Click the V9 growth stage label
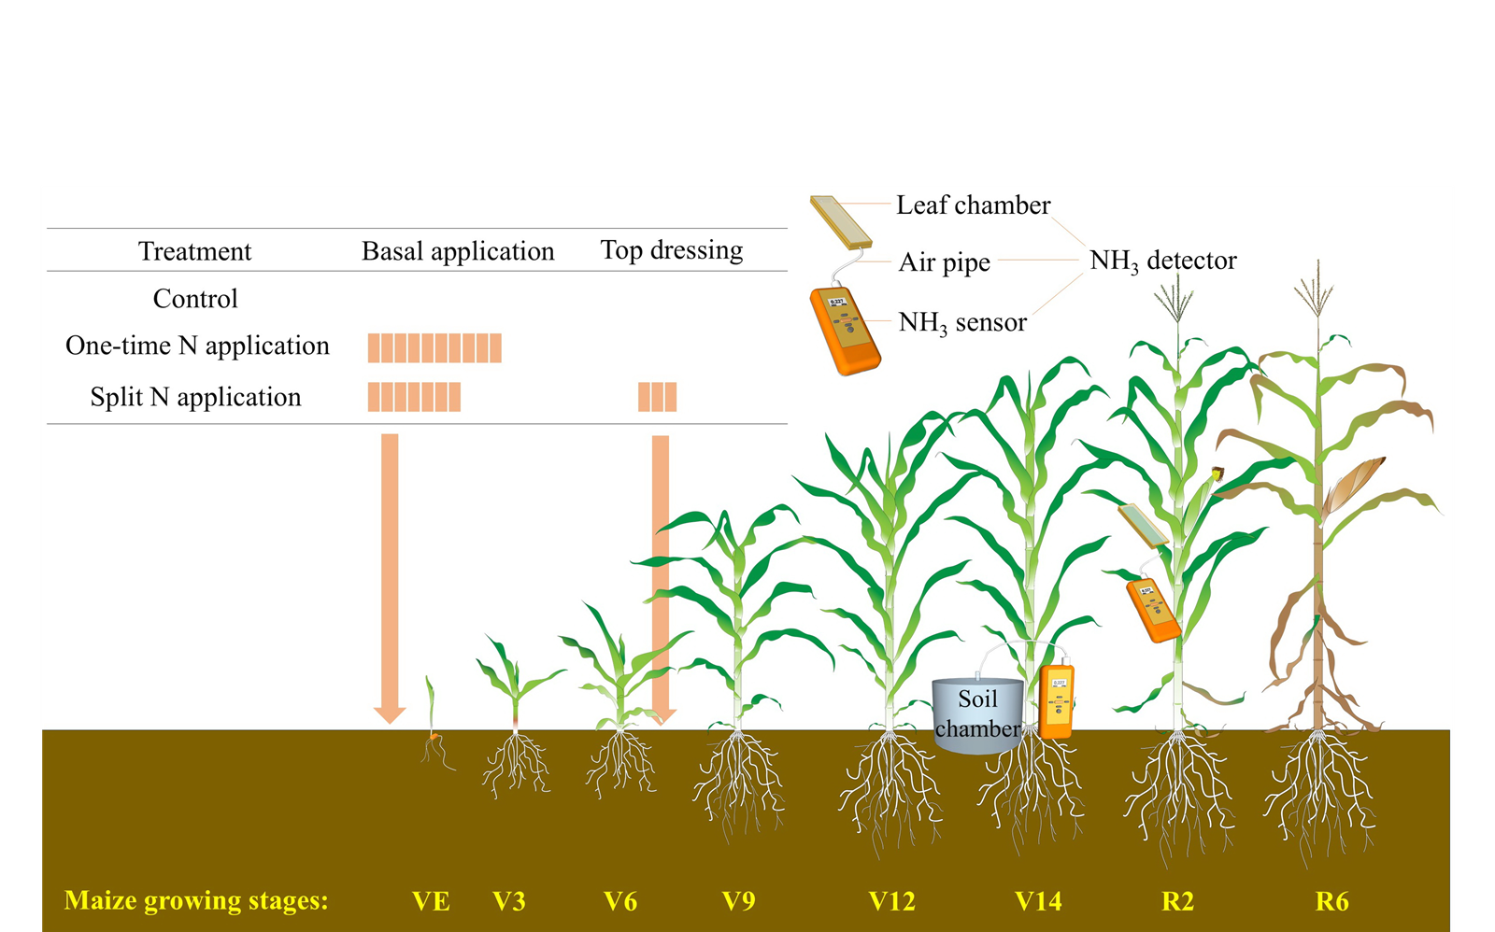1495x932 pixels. click(738, 901)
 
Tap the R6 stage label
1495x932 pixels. click(1331, 901)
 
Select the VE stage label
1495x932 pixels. click(431, 901)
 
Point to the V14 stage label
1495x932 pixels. click(1038, 901)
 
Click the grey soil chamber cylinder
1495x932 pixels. click(977, 714)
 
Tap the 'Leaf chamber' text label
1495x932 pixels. click(973, 205)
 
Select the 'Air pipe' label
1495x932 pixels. click(944, 262)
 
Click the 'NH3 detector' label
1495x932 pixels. click(1162, 261)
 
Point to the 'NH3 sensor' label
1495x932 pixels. click(961, 323)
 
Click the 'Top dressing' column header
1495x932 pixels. click(671, 250)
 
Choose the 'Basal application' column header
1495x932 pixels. click(458, 251)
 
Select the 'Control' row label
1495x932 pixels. click(195, 299)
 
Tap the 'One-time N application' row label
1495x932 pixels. click(197, 346)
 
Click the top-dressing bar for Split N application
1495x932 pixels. click(657, 397)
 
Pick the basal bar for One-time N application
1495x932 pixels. click(434, 347)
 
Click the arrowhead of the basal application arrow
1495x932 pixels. click(390, 714)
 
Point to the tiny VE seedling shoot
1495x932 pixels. click(431, 705)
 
